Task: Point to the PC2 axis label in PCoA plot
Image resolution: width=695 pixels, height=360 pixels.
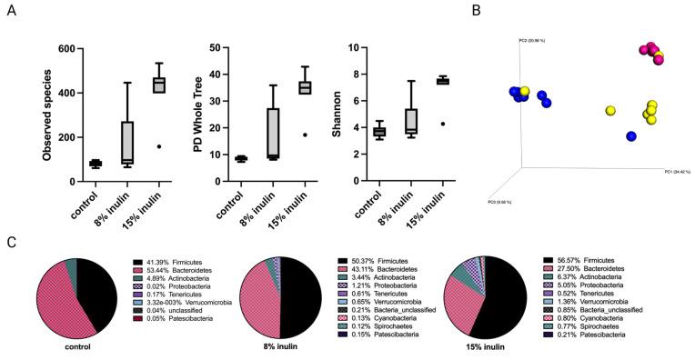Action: point(530,41)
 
